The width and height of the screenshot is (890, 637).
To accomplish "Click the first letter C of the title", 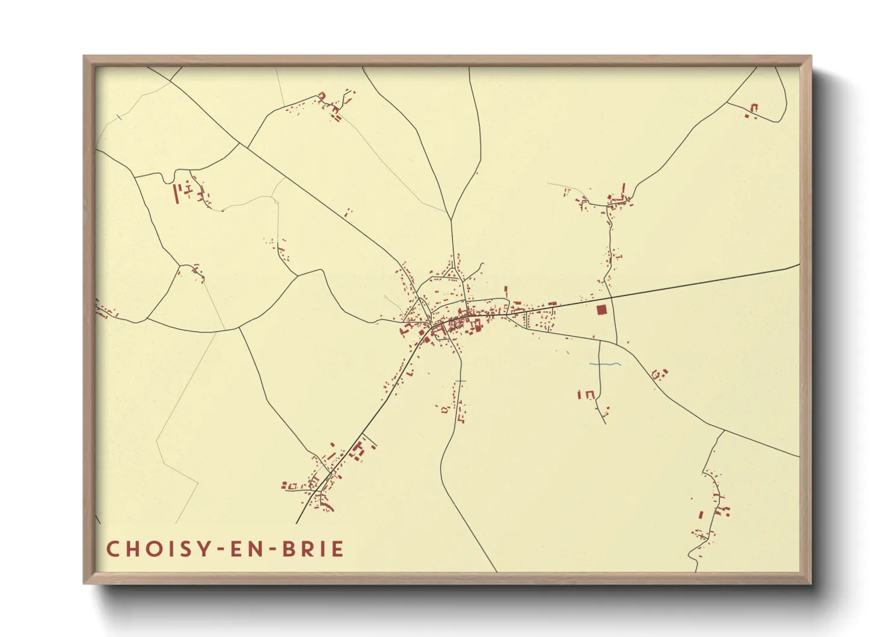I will tap(112, 549).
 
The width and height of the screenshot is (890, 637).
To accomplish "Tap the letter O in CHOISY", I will tap(152, 549).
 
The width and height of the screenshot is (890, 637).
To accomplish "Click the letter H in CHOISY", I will tap(132, 549).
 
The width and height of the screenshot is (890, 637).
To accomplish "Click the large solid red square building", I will tap(602, 310).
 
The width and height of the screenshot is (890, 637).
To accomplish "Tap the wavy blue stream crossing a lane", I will tap(605, 364).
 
